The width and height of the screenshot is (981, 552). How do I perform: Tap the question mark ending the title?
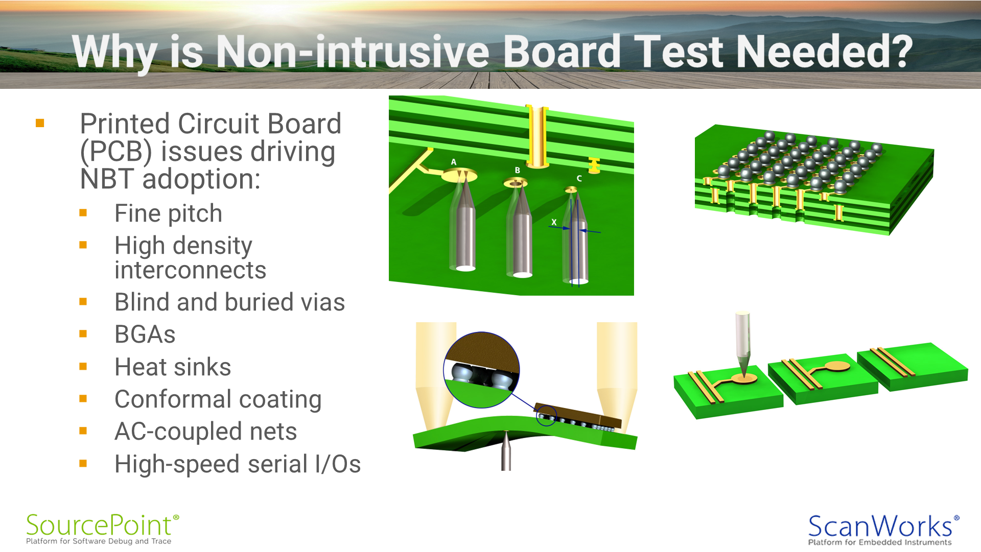(x=898, y=51)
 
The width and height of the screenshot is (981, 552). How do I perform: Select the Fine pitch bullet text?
(x=168, y=213)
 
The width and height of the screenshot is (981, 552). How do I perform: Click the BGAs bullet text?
(x=145, y=334)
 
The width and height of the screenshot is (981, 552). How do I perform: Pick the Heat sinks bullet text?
(x=173, y=367)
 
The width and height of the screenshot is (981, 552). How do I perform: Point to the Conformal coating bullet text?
(x=218, y=400)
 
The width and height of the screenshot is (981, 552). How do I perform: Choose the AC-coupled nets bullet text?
(x=205, y=431)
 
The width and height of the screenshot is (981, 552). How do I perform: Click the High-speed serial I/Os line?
(x=238, y=464)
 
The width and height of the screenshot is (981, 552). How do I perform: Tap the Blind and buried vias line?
(x=230, y=302)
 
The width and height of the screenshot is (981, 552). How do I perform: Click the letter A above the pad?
(x=453, y=162)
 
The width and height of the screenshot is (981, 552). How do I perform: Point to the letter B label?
(x=517, y=170)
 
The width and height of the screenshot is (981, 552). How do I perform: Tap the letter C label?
(x=579, y=178)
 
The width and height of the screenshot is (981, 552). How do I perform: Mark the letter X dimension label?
(x=554, y=222)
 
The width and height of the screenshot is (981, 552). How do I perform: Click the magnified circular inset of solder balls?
(x=481, y=370)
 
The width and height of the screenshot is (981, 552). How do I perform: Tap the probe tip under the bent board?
(x=506, y=433)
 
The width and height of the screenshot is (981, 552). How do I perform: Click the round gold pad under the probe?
(x=743, y=378)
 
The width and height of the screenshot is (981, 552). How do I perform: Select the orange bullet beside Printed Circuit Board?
(x=40, y=123)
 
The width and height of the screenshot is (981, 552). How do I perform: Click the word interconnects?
(x=191, y=270)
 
